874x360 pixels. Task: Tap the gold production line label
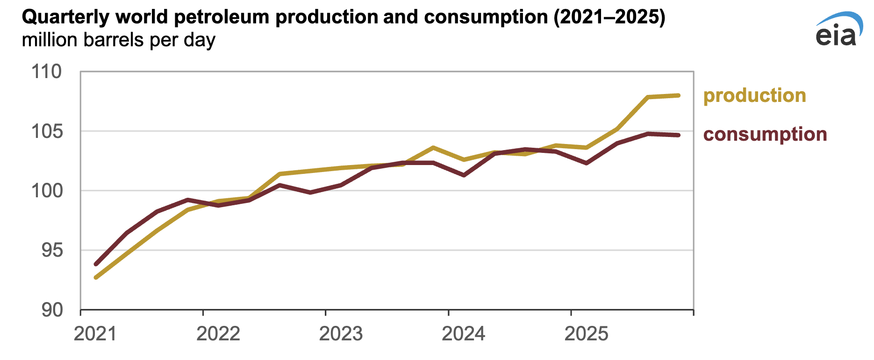[x=754, y=95]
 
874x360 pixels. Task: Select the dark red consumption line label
[x=765, y=134]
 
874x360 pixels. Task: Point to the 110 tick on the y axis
[x=47, y=72]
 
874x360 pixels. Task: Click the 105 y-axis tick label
[x=47, y=131]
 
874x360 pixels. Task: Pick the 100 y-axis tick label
[x=47, y=191]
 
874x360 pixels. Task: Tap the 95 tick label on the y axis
[x=51, y=251]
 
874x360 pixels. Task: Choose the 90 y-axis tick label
[x=51, y=310]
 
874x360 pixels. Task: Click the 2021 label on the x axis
[x=95, y=334]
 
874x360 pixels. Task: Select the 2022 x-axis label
[x=218, y=334]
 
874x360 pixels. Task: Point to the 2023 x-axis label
[x=341, y=334]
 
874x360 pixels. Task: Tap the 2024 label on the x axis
[x=464, y=334]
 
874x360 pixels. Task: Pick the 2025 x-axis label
[x=587, y=334]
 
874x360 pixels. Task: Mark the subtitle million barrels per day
[x=118, y=40]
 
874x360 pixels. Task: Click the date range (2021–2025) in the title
[x=609, y=18]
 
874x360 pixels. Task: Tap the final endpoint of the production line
[x=678, y=95]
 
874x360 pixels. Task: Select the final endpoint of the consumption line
[x=678, y=135]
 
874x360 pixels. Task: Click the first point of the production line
[x=96, y=278]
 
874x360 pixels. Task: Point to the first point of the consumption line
[x=96, y=264]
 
